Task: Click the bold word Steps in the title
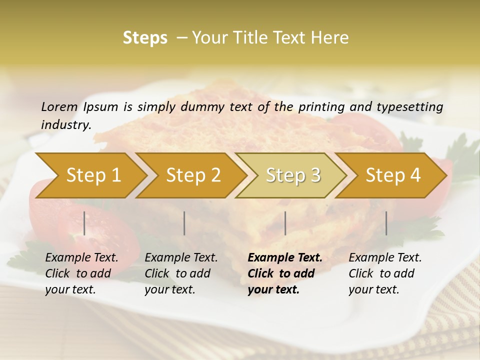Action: [x=145, y=38]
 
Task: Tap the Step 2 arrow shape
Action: [x=193, y=175]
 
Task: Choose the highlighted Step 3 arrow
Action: [x=293, y=175]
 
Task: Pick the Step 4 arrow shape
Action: [x=393, y=175]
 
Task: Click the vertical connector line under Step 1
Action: [x=84, y=223]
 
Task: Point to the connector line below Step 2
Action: [x=184, y=223]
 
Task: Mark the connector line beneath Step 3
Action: [x=285, y=223]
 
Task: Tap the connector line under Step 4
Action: [x=386, y=223]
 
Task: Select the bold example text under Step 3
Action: [x=285, y=273]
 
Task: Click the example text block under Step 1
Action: [x=81, y=273]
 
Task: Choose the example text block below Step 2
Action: [x=181, y=273]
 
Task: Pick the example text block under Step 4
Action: [x=385, y=273]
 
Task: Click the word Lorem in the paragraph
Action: [x=59, y=106]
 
